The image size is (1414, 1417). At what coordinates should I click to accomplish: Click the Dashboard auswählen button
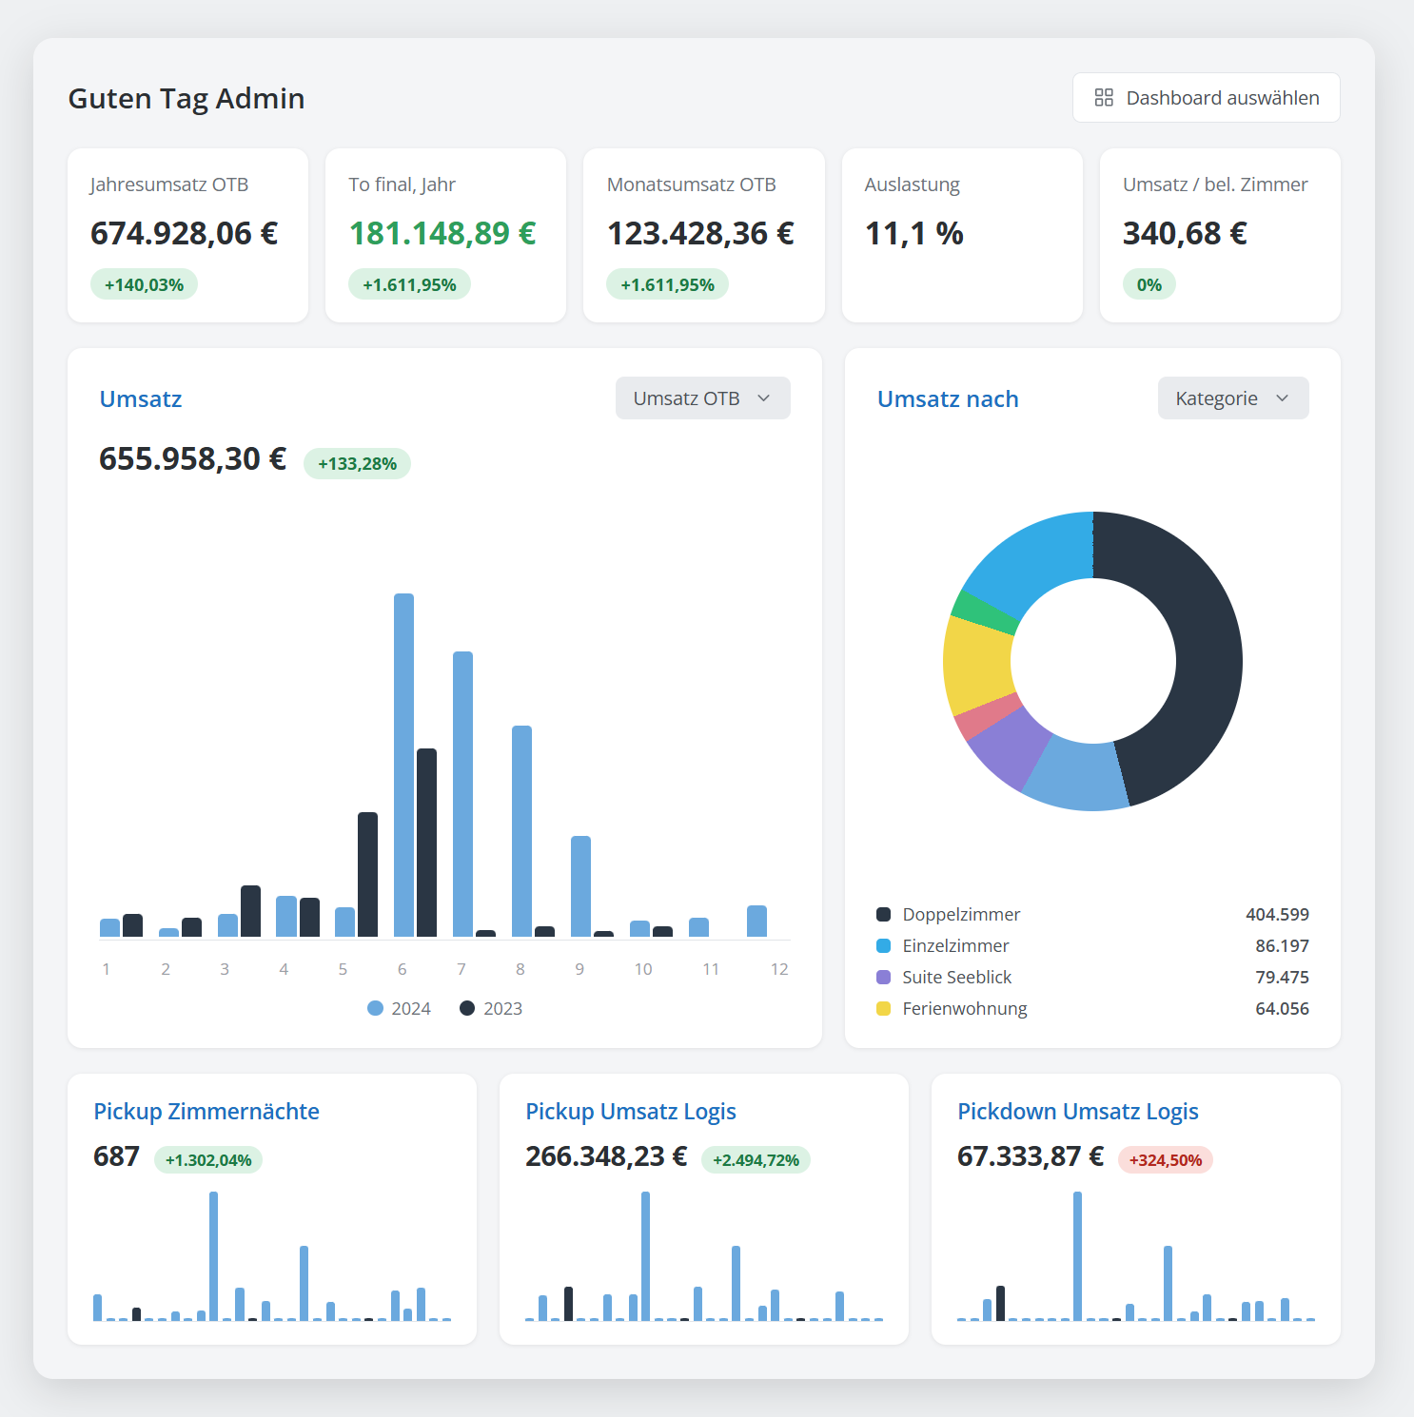tap(1206, 98)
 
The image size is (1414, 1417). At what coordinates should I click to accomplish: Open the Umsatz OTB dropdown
tap(702, 398)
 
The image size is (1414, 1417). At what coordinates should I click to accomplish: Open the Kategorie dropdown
tap(1233, 398)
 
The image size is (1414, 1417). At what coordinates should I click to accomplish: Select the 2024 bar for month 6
tap(403, 766)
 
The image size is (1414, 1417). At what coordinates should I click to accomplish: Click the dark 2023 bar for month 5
tap(367, 875)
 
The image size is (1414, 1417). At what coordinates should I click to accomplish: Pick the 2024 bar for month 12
tap(756, 922)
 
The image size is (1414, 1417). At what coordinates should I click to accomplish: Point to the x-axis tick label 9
tap(579, 969)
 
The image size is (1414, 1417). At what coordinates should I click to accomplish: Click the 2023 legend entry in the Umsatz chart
tap(491, 1008)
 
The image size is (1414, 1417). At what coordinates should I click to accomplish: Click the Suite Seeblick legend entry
tap(944, 977)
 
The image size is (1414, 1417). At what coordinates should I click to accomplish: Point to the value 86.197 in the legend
tap(1282, 945)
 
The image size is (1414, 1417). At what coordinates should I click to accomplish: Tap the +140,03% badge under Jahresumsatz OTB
tap(144, 284)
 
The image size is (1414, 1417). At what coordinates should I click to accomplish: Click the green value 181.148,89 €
tap(442, 233)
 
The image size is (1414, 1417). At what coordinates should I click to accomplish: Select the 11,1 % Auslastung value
tap(913, 233)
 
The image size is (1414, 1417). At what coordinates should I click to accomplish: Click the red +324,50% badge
tap(1166, 1160)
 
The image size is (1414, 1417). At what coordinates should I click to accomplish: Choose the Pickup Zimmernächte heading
tap(206, 1112)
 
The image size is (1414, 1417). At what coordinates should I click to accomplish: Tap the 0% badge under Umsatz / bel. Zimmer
tap(1149, 284)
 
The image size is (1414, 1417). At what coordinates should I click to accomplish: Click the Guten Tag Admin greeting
tap(187, 99)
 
